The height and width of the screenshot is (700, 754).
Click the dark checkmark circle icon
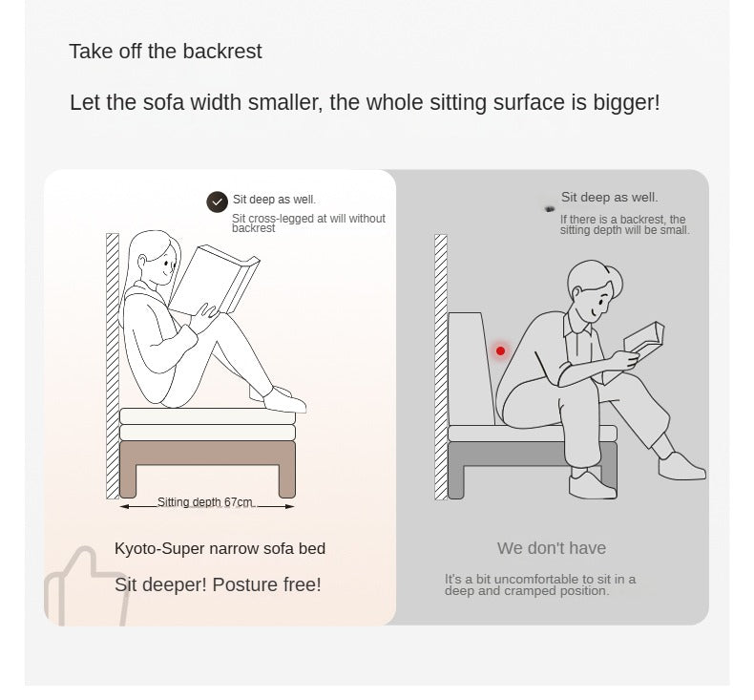217,202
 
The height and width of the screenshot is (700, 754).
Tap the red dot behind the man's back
500,350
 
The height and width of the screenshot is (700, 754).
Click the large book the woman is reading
214,279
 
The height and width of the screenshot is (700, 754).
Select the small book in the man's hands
644,337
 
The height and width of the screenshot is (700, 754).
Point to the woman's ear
142,263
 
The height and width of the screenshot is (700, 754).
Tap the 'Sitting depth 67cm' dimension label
205,501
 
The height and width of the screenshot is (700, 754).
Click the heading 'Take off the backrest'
165,51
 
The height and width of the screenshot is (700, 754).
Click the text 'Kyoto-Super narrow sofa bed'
220,548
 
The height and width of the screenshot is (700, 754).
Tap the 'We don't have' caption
552,548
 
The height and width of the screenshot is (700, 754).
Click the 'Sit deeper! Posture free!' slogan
218,584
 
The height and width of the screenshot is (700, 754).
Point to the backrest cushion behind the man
470,368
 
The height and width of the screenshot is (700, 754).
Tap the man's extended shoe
681,466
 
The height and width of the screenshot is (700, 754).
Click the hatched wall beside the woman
113,366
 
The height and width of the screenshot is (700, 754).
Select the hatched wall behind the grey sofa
441,367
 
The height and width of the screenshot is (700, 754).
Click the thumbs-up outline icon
86,587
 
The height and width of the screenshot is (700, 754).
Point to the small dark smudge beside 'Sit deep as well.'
550,209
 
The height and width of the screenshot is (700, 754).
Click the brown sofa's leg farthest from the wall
287,481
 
